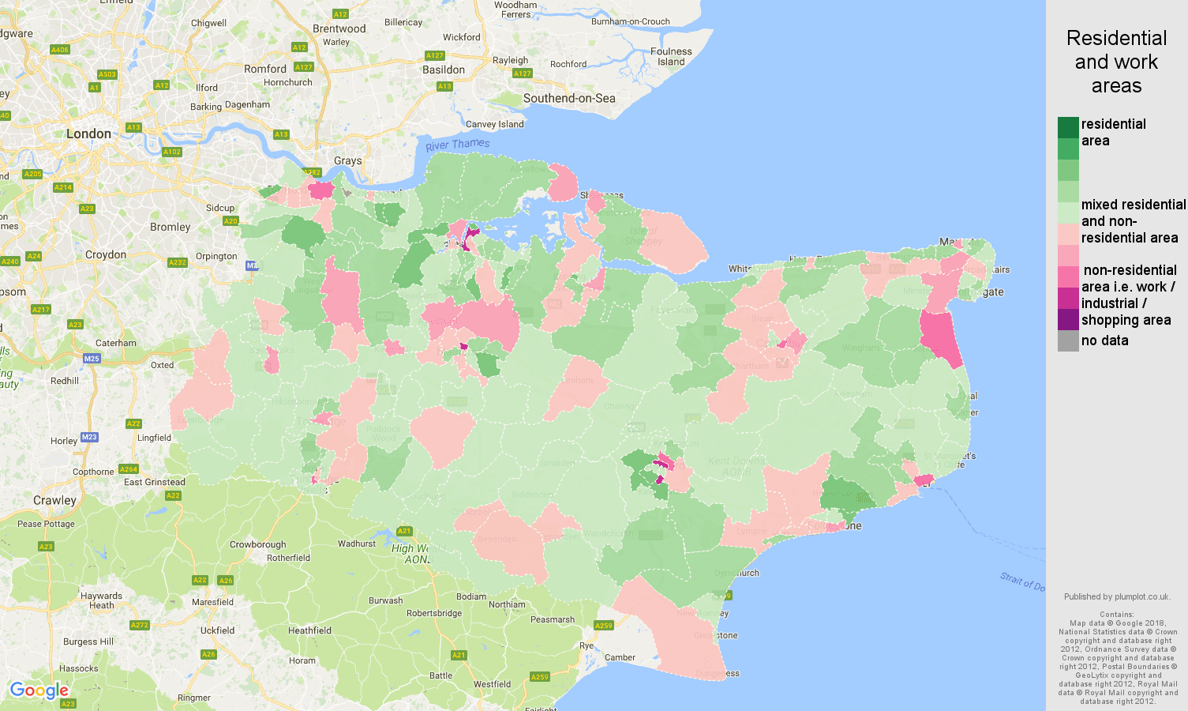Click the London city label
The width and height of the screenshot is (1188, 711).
88,134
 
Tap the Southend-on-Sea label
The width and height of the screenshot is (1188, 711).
568,98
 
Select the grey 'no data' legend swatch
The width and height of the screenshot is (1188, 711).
1068,340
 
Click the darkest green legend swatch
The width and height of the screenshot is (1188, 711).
1068,127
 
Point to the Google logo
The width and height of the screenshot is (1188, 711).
39,690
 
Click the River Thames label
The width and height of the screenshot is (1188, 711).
457,145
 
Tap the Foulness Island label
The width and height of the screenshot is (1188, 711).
671,56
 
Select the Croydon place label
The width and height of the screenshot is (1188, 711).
105,254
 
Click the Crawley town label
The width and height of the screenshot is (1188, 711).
54,500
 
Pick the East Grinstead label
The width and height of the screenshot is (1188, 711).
154,482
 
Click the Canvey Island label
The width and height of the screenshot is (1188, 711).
494,124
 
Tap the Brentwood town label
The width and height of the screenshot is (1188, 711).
339,28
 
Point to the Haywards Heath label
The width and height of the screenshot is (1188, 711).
101,600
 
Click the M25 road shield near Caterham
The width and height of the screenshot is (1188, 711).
92,359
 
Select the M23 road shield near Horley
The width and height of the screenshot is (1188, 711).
89,437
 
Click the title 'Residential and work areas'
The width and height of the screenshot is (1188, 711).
1116,62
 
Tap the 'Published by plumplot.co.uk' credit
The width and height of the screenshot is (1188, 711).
1116,596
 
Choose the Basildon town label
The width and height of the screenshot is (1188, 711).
443,70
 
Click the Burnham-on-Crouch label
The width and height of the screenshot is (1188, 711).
630,21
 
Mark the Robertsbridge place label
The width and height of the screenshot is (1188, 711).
433,613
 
